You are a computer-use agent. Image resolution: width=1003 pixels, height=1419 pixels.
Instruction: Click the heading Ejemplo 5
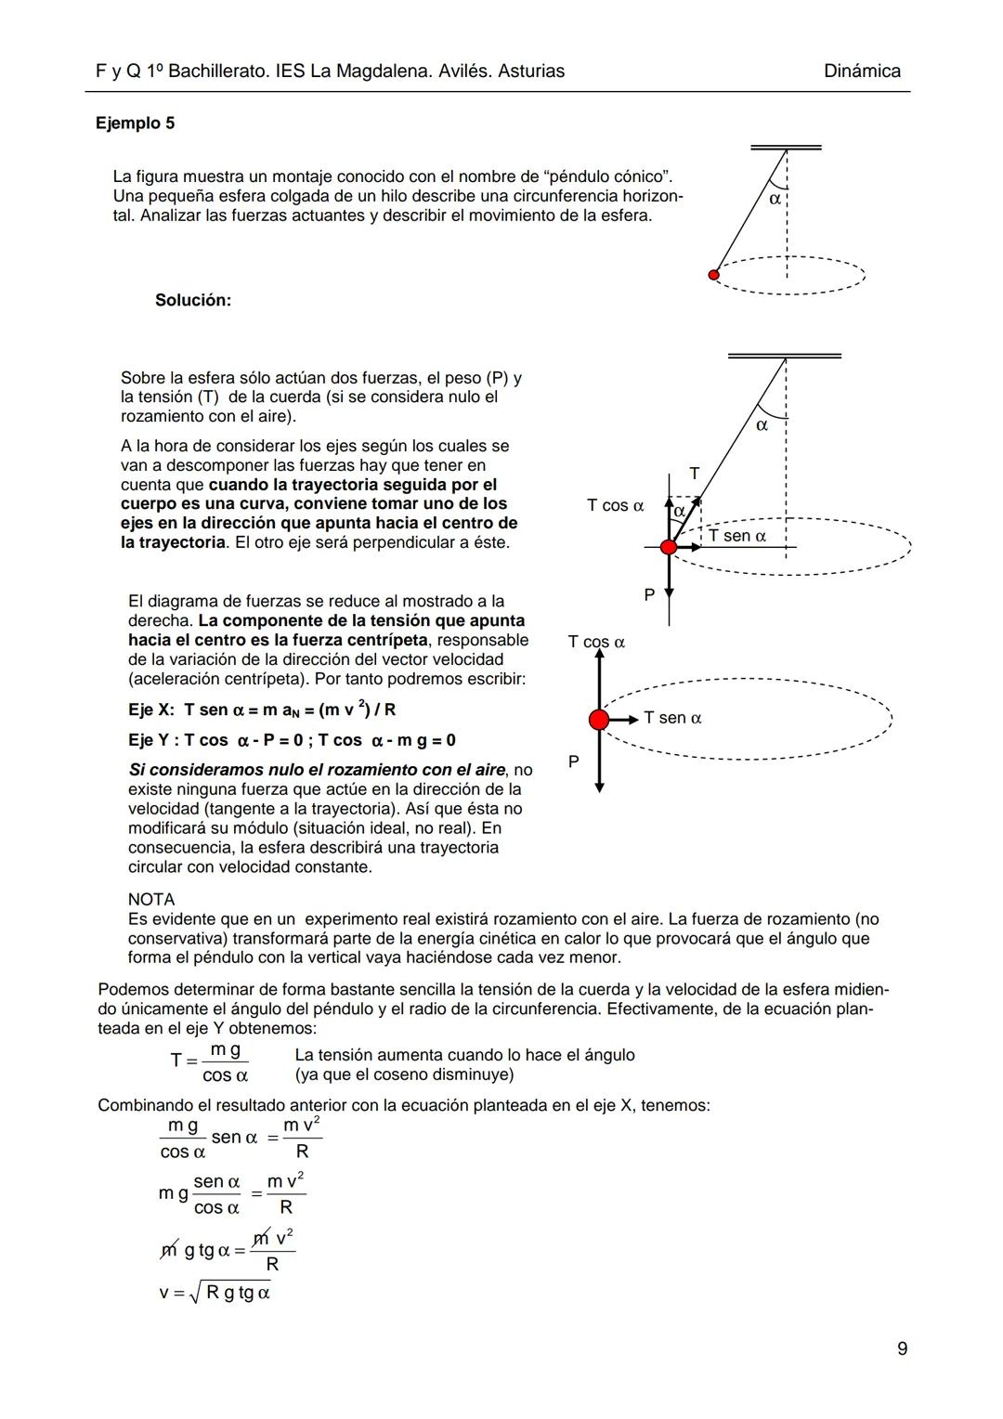pos(135,124)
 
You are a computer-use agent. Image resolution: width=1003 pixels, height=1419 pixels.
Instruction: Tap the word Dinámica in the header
pos(862,72)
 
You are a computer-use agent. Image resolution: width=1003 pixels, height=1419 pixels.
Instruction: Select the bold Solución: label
pos(193,300)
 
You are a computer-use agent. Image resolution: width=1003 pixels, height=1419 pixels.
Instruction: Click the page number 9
pos(903,1348)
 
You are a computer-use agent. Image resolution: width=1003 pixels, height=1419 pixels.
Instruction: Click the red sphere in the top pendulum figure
pos(713,275)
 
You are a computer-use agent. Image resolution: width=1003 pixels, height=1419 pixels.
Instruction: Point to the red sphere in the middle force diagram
pos(669,547)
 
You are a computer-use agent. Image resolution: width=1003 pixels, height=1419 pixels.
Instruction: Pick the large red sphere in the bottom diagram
pos(599,719)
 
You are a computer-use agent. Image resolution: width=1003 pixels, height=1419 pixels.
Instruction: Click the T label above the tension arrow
pos(694,474)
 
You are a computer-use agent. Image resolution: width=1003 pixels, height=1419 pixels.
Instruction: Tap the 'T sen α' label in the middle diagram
pos(737,536)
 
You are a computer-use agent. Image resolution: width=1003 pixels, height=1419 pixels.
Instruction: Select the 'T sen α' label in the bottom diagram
pos(672,718)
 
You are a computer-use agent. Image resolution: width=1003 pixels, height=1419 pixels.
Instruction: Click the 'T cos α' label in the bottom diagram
pos(596,642)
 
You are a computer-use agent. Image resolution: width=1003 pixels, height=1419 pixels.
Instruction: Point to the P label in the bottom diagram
pos(573,762)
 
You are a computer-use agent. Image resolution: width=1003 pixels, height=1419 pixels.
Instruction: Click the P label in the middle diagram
pos(649,594)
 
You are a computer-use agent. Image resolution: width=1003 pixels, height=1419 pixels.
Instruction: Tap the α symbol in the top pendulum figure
pos(775,199)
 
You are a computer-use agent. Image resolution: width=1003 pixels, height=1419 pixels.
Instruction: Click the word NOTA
pos(151,899)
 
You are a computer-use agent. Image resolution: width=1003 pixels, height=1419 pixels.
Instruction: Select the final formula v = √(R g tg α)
pos(215,1292)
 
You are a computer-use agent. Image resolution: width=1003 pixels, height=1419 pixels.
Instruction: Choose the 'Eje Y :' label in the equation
pos(152,740)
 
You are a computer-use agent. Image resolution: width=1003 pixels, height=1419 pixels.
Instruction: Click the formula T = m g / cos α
pos(211,1062)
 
